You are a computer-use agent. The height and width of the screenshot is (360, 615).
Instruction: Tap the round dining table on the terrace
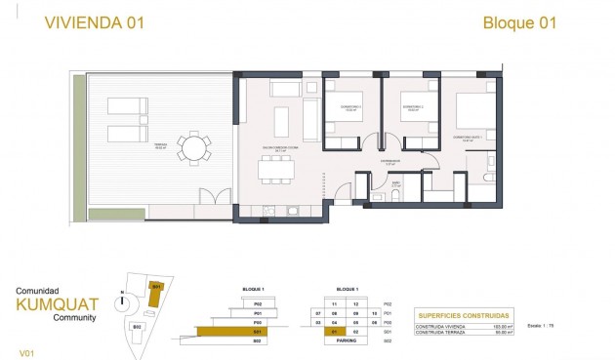[194, 149]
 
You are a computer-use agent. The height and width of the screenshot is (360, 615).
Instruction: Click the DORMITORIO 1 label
[349, 107]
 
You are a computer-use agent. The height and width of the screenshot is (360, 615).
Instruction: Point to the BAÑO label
[397, 181]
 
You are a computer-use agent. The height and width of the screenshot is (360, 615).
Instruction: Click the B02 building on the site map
[138, 325]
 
